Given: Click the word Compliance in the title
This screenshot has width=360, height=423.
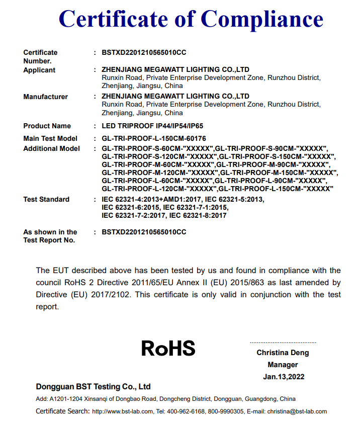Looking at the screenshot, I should [262, 19].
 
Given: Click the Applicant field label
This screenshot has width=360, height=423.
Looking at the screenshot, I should [39, 70].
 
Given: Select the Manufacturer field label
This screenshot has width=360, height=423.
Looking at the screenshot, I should [45, 97].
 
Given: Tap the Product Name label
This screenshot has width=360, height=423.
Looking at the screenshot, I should [47, 126].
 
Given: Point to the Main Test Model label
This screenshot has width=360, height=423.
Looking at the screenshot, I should [50, 138].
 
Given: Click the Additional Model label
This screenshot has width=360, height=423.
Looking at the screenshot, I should [51, 148].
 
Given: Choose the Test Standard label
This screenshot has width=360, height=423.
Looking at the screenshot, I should [46, 199].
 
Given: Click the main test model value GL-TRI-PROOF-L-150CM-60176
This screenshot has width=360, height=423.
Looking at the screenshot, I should [154, 138].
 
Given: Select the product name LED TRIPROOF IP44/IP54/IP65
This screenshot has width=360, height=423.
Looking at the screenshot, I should [152, 126].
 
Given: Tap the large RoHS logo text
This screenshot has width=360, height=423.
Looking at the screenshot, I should [168, 348].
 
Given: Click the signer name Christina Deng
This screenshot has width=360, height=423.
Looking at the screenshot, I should [283, 353].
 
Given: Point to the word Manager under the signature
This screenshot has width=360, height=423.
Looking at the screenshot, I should [283, 365].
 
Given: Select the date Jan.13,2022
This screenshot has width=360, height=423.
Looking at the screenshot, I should [283, 376].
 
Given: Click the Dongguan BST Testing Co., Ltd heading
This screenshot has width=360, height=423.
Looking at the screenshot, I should [93, 387].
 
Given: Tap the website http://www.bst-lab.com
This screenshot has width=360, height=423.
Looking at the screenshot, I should [122, 411].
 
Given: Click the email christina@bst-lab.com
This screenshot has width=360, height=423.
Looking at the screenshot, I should [297, 411].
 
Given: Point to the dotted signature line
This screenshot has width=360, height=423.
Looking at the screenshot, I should [283, 342].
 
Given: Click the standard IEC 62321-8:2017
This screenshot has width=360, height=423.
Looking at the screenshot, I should [198, 215].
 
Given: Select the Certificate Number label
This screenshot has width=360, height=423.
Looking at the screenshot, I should [40, 56].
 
